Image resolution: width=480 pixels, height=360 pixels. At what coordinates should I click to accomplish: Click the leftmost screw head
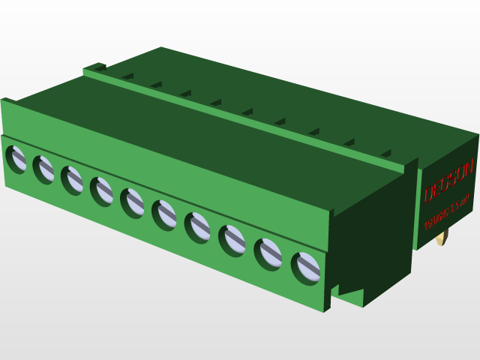click(16, 159)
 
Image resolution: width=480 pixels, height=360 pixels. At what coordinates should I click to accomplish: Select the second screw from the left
click(43, 169)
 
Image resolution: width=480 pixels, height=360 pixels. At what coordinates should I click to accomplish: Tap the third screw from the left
click(72, 180)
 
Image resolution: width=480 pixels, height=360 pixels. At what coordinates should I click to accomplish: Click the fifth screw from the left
click(133, 202)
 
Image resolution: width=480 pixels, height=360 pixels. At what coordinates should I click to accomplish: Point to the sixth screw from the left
click(164, 214)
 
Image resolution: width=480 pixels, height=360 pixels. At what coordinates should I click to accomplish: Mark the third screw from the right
click(232, 239)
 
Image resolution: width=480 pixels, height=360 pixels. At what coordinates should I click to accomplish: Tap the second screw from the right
click(268, 253)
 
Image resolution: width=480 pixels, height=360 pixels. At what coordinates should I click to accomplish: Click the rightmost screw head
click(306, 268)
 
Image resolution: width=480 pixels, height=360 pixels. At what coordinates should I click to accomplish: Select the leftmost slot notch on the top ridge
click(127, 76)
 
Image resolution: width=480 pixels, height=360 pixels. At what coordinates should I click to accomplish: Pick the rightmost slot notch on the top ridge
click(385, 154)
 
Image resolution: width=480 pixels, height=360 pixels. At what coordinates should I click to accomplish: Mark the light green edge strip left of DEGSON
click(416, 210)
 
